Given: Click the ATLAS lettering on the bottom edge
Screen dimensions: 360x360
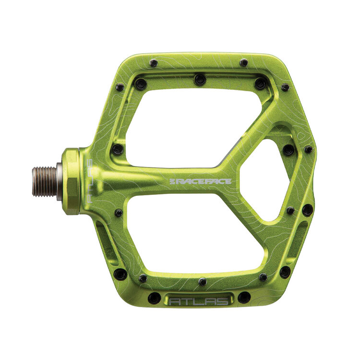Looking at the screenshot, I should (199, 301).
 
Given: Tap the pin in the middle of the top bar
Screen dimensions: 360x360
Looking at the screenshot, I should (200, 80).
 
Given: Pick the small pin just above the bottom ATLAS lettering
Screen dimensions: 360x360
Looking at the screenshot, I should (203, 282).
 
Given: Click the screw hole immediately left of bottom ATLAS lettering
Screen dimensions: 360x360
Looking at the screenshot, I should (154, 298).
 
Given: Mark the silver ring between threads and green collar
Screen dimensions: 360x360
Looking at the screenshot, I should (60, 181).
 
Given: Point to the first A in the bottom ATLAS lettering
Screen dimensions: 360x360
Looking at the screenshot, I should (173, 302).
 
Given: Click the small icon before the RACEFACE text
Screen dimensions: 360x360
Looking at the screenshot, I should (173, 181).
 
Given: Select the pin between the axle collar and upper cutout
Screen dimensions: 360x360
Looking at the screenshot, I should (117, 150).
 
